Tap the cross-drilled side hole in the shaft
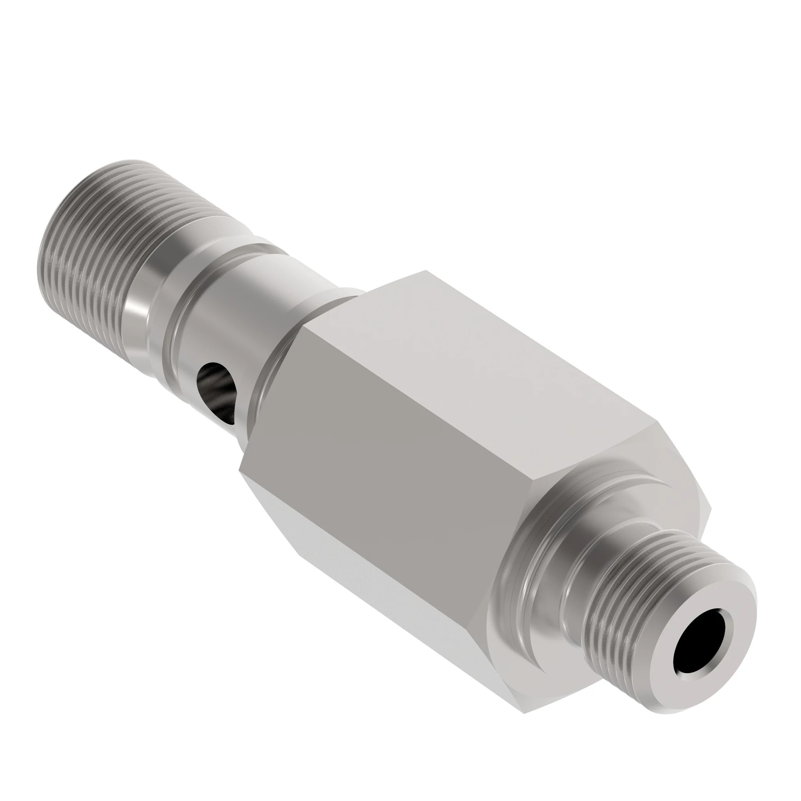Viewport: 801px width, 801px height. pos(217,386)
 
